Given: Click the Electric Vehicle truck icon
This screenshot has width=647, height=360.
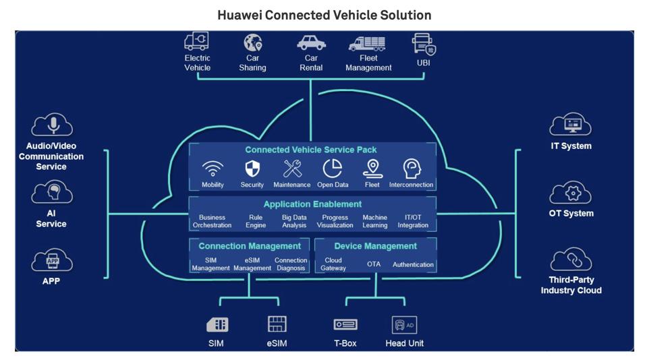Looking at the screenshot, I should pyautogui.click(x=196, y=42).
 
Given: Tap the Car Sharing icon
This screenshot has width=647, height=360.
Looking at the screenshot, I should pyautogui.click(x=252, y=43).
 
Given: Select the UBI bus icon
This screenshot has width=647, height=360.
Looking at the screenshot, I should pyautogui.click(x=424, y=44).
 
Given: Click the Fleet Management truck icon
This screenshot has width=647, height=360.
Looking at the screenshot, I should pyautogui.click(x=367, y=44).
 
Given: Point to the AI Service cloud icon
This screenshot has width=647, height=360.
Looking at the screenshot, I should pyautogui.click(x=51, y=193).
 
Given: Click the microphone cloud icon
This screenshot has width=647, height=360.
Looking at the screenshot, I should pyautogui.click(x=51, y=125).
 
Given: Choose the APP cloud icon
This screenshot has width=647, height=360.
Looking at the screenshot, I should pyautogui.click(x=51, y=260).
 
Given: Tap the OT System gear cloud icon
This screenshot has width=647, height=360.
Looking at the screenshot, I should pyautogui.click(x=571, y=193).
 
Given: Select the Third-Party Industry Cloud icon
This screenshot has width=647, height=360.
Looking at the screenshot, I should pyautogui.click(x=571, y=260).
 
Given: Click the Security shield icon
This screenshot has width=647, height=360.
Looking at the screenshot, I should pyautogui.click(x=252, y=169).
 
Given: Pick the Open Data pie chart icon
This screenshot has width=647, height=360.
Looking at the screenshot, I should pyautogui.click(x=332, y=169).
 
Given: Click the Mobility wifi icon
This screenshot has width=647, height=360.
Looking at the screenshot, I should pyautogui.click(x=213, y=169).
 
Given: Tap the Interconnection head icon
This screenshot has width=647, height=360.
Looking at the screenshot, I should pyautogui.click(x=411, y=169).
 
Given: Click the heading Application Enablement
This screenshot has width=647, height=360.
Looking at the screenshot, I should pyautogui.click(x=312, y=204).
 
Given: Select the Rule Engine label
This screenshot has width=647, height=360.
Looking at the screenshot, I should pyautogui.click(x=256, y=221).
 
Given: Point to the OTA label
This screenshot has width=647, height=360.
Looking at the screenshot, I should pyautogui.click(x=374, y=264).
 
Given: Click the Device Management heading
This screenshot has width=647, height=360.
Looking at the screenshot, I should pyautogui.click(x=375, y=246).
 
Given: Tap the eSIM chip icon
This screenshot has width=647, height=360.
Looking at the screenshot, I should pyautogui.click(x=277, y=324).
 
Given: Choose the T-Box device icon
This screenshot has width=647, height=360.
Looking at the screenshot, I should pyautogui.click(x=345, y=324).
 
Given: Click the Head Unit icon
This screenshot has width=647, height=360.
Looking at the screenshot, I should pyautogui.click(x=404, y=324).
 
